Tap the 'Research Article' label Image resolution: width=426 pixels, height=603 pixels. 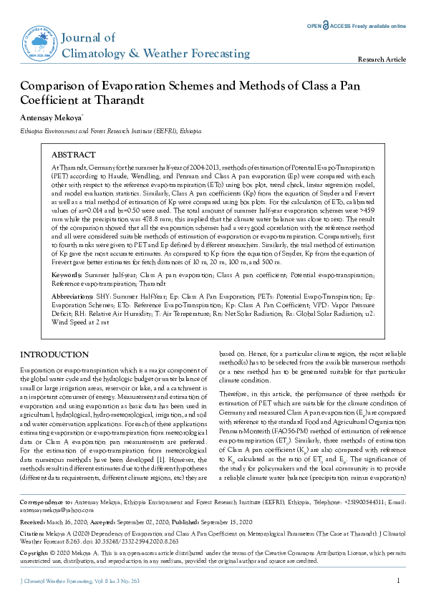point(382,59)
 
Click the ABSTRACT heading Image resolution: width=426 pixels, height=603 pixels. point(73,155)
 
